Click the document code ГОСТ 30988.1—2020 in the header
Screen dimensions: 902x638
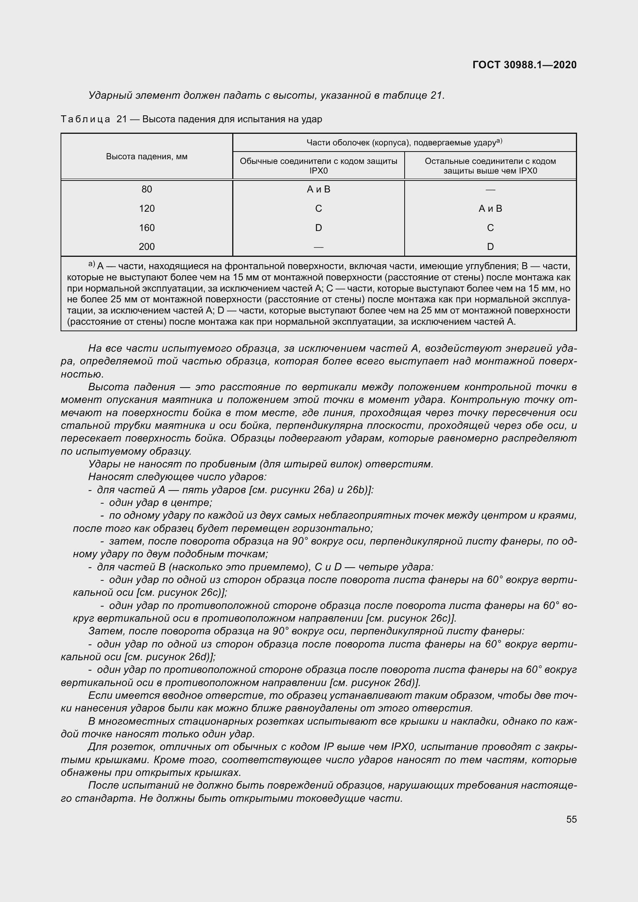pos(525,65)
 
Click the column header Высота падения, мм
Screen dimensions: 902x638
pos(147,156)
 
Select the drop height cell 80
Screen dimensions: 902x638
pos(147,189)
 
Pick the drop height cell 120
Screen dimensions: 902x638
pos(147,209)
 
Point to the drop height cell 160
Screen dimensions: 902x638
pos(147,228)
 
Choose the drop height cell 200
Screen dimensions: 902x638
pos(147,247)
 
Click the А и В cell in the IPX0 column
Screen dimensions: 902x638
pos(318,189)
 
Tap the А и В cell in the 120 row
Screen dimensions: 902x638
pos(490,209)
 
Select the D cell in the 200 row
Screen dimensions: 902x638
pos(490,247)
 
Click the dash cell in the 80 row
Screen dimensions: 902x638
pos(490,190)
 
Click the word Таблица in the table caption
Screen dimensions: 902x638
pos(85,119)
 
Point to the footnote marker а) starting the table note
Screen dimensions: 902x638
pos(91,265)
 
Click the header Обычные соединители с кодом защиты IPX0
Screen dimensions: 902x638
pos(318,166)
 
